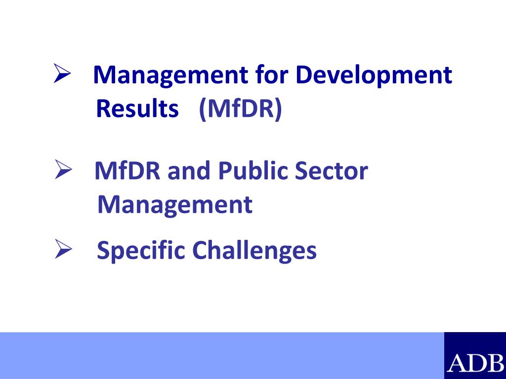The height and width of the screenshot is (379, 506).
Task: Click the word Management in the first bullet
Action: pyautogui.click(x=170, y=76)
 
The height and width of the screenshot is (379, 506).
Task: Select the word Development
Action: pyautogui.click(x=374, y=76)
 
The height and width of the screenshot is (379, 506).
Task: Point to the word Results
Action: pyautogui.click(x=137, y=109)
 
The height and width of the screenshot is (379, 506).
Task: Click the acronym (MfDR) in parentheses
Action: pyautogui.click(x=240, y=109)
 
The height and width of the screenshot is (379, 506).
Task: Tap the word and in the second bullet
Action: pyautogui.click(x=190, y=171)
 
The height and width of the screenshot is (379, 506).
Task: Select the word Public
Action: pyautogui.click(x=253, y=172)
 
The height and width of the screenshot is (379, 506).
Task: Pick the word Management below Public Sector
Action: pyautogui.click(x=175, y=204)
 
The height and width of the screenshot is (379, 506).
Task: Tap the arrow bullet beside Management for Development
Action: pyautogui.click(x=63, y=74)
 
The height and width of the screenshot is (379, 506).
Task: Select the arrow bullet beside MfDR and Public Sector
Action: pyautogui.click(x=63, y=170)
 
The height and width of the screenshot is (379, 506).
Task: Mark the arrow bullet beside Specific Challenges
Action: pyautogui.click(x=63, y=250)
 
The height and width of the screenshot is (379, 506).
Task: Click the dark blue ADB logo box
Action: pyautogui.click(x=475, y=355)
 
